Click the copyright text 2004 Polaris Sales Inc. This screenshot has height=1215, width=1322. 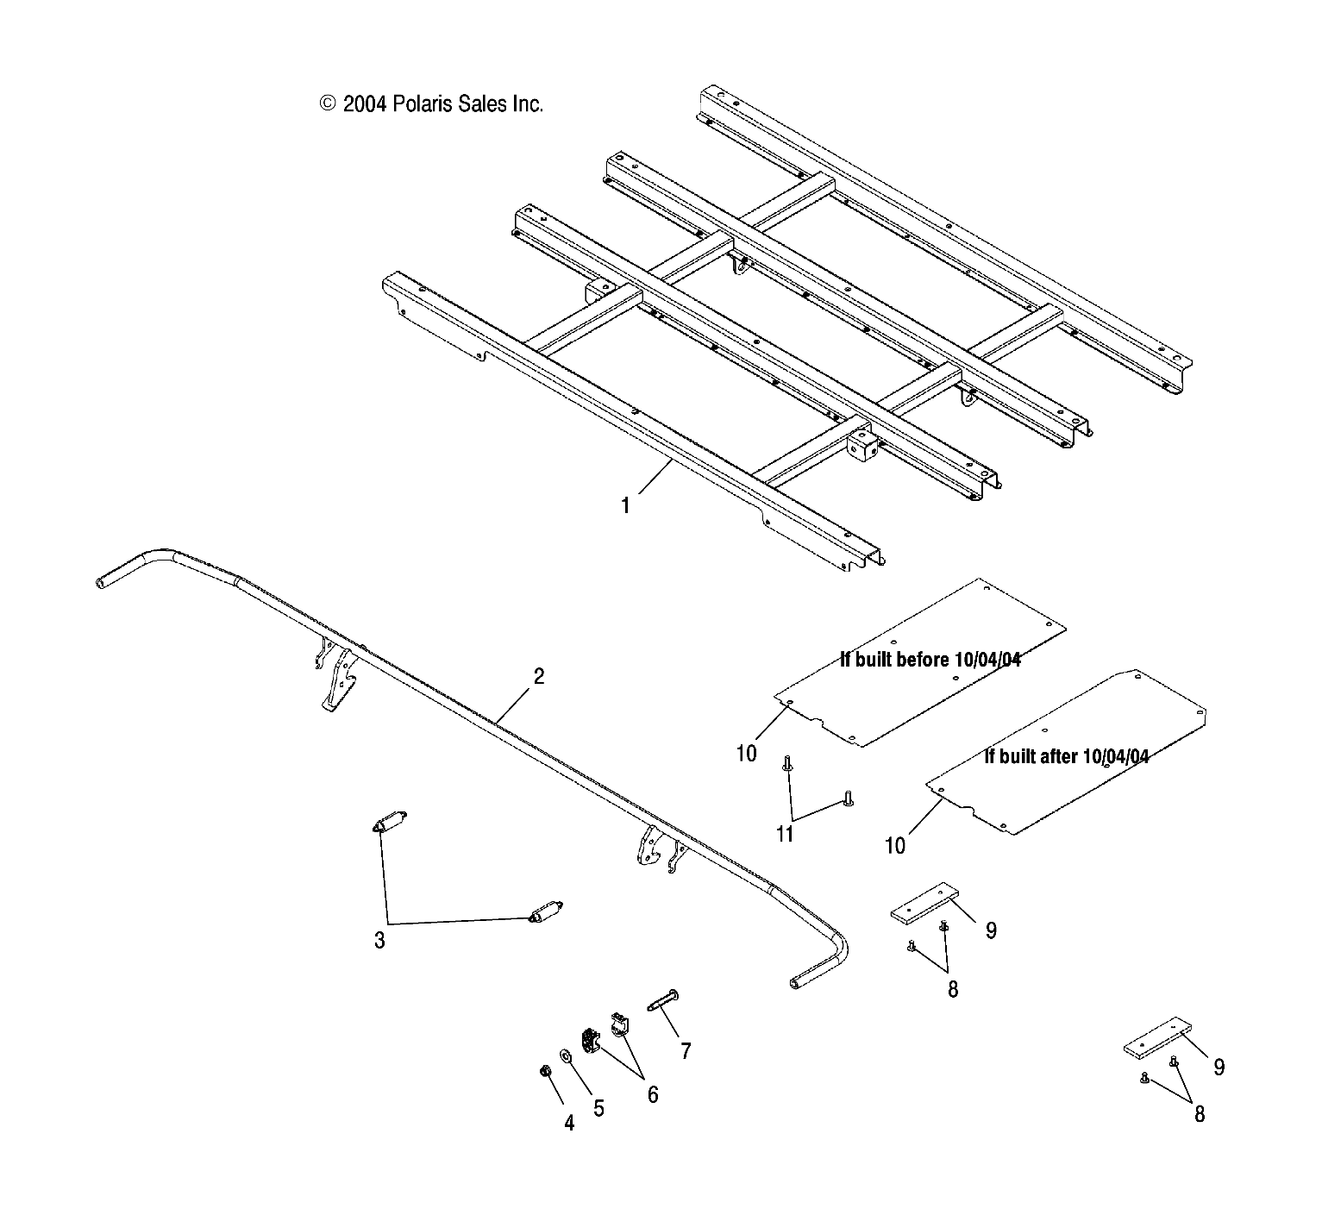pyautogui.click(x=431, y=104)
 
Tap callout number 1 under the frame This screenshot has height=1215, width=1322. pyautogui.click(x=625, y=505)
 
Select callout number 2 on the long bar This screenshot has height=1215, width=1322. pyautogui.click(x=539, y=676)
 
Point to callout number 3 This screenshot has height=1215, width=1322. pyautogui.click(x=379, y=940)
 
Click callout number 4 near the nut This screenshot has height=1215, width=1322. pyautogui.click(x=569, y=1124)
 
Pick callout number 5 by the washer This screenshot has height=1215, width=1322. pyautogui.click(x=598, y=1108)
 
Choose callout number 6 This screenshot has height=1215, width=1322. pyautogui.click(x=653, y=1094)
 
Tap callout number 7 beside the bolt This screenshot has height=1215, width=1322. pyautogui.click(x=686, y=1050)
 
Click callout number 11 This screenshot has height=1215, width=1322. pyautogui.click(x=785, y=834)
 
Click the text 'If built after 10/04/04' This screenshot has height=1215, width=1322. pyautogui.click(x=1066, y=756)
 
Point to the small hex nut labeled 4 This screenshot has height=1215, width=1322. pyautogui.click(x=545, y=1071)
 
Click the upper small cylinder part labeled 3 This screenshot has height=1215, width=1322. pyautogui.click(x=390, y=823)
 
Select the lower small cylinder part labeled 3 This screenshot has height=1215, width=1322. pyautogui.click(x=545, y=911)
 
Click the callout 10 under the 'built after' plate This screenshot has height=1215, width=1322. pyautogui.click(x=895, y=846)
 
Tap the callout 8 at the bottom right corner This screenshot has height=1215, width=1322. pyautogui.click(x=1199, y=1114)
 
